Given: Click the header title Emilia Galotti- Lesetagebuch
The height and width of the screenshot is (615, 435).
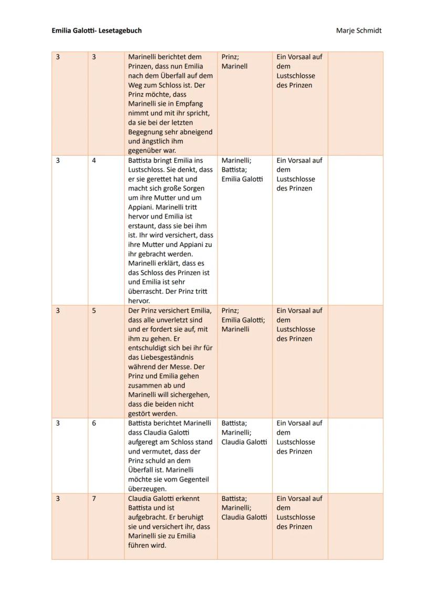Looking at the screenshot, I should point(96,30).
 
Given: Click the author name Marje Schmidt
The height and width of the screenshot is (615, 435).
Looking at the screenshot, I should point(359,30).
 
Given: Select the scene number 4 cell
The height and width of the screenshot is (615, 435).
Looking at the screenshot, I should point(94,161).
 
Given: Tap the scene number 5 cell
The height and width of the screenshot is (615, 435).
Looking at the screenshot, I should point(94,311).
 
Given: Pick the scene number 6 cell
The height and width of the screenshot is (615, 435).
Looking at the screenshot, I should point(94,423).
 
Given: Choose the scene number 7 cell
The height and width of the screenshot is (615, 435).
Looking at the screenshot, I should point(94,499).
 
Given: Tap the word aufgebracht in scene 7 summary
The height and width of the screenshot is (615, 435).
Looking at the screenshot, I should point(147,518).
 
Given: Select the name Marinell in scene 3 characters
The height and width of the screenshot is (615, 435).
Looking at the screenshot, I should point(234,67).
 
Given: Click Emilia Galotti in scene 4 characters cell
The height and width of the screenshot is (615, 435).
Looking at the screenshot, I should point(242,180).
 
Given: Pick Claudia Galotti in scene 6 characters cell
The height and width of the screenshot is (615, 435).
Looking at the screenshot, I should point(244,442).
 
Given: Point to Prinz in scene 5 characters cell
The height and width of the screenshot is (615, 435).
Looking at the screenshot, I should point(230,311).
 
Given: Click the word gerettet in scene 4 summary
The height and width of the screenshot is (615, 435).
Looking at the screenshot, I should point(165,180).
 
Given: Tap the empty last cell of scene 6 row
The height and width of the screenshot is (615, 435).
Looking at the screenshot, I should point(355,455).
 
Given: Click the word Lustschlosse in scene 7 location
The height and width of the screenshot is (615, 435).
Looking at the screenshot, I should point(296,518).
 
